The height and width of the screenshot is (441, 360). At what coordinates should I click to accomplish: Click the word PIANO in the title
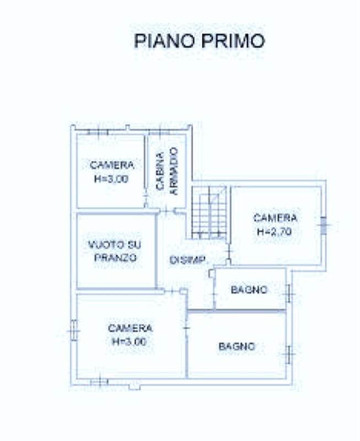coord(164,40)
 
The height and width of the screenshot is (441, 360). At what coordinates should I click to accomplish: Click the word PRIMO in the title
coord(233,40)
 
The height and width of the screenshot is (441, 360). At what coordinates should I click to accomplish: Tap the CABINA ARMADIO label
coord(167,171)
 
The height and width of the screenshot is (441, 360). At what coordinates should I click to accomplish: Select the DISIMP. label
coord(187,260)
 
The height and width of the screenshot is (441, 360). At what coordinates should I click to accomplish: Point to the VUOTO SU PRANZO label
coord(115,251)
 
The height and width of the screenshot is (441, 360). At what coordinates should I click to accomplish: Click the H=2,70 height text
coord(275,232)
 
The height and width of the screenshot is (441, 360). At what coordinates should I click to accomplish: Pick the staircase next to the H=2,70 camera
coord(209,213)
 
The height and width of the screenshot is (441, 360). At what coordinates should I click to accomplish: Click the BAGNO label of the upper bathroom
coord(249,290)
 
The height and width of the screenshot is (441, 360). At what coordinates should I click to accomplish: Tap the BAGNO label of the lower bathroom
coord(237,346)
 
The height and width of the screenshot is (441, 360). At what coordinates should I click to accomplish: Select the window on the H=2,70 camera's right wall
coord(324,225)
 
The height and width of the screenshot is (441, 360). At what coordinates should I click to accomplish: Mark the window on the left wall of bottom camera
coord(74,330)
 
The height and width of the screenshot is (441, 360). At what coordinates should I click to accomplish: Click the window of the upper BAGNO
coord(288,294)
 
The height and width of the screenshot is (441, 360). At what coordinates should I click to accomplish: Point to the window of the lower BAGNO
coord(288,354)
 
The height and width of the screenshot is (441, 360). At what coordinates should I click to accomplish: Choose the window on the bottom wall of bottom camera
coord(99,382)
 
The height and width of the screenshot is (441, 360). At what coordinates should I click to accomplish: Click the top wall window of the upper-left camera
coord(98,132)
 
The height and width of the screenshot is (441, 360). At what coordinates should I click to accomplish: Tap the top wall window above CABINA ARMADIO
coord(160,132)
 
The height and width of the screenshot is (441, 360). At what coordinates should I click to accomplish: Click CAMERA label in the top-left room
coord(112,165)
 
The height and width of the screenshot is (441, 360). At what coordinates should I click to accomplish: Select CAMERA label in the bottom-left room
coord(130,328)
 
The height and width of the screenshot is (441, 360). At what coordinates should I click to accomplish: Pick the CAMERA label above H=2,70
coord(275,218)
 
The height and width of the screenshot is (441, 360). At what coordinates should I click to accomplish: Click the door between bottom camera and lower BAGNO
coord(186,327)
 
